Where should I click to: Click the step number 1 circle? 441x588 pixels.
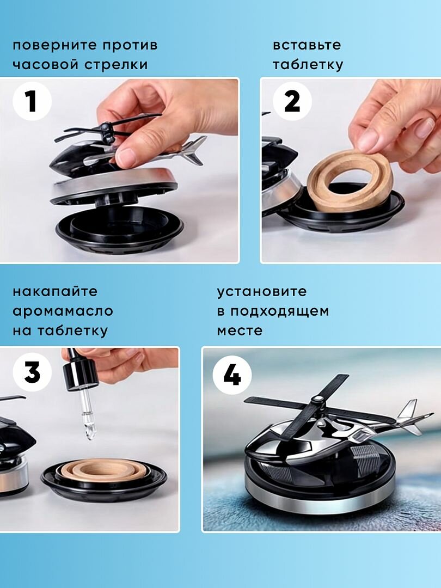click(x=32, y=101)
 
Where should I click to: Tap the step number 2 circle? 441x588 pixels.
click(x=292, y=101)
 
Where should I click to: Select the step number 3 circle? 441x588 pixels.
click(x=32, y=372)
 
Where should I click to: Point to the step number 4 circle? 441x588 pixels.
click(x=232, y=375)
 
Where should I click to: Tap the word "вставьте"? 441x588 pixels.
click(x=307, y=45)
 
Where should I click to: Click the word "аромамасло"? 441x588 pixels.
click(x=63, y=311)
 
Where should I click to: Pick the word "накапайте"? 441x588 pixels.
click(x=55, y=291)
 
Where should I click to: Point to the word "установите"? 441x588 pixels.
click(x=262, y=292)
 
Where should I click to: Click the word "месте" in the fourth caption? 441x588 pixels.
click(x=240, y=331)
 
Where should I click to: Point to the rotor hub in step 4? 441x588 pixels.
click(x=318, y=400)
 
